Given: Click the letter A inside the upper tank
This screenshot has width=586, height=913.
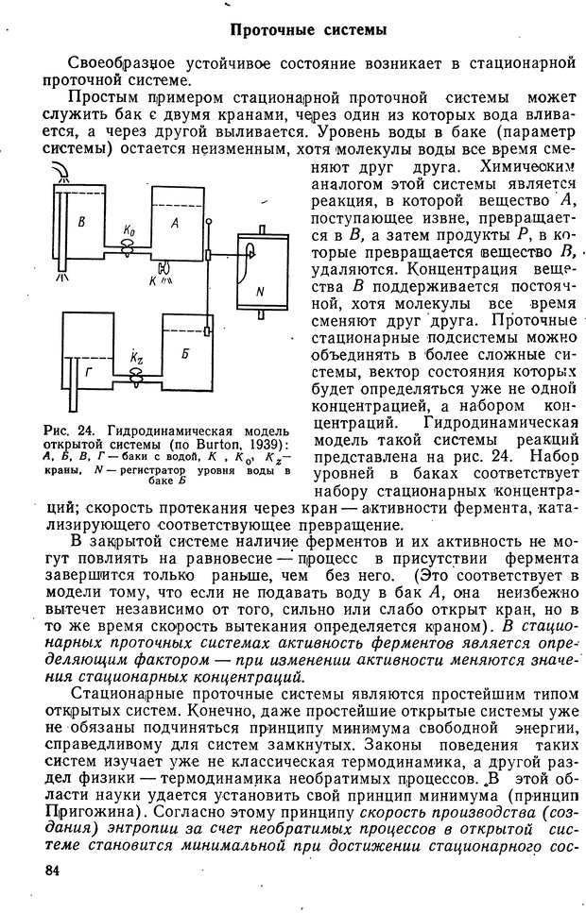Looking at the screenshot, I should (174, 223).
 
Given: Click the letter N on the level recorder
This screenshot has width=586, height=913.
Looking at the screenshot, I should (260, 291).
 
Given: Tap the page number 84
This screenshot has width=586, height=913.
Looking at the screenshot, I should (50, 870).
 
